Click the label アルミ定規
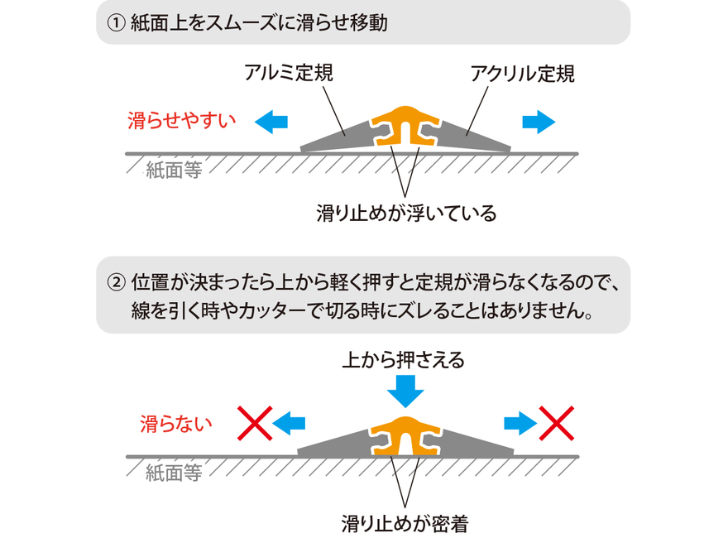[x=289, y=73]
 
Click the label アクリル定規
[x=522, y=74]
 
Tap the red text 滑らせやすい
[x=181, y=121]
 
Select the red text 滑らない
[x=176, y=424]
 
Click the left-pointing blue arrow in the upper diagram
[x=271, y=122]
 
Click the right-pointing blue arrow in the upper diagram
[x=539, y=122]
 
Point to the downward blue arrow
[x=405, y=391]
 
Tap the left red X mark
[x=255, y=423]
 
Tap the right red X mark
[x=556, y=423]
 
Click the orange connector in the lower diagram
[x=405, y=435]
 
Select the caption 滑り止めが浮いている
[x=406, y=214]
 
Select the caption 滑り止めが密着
[x=405, y=524]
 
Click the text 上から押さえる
[x=404, y=359]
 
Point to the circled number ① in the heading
[x=116, y=23]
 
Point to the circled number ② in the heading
[x=116, y=282]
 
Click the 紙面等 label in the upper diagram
[x=174, y=171]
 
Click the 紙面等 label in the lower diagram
[x=174, y=473]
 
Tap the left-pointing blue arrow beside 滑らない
[x=289, y=423]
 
